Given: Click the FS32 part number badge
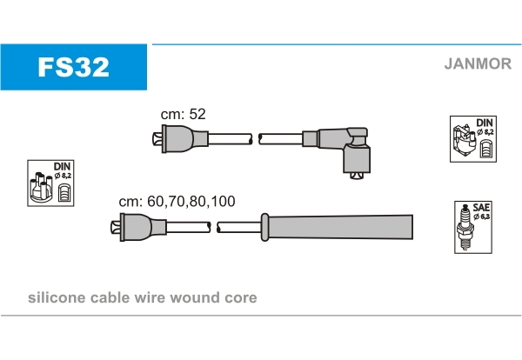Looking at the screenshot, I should (x=73, y=66).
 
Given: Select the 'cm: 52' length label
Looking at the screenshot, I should (x=183, y=114).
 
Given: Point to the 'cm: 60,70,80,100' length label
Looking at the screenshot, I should (x=177, y=201).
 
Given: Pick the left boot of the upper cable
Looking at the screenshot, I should (x=178, y=139).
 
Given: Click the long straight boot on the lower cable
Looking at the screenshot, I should (x=339, y=227).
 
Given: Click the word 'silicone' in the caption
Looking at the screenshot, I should (x=57, y=298).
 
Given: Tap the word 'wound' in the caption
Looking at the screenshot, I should (x=197, y=298).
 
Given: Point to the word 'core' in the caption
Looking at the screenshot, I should (x=240, y=298).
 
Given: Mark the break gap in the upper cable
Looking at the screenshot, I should (x=256, y=139).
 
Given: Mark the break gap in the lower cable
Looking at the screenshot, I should (x=213, y=228).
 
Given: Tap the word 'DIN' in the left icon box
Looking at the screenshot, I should (x=62, y=164).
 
